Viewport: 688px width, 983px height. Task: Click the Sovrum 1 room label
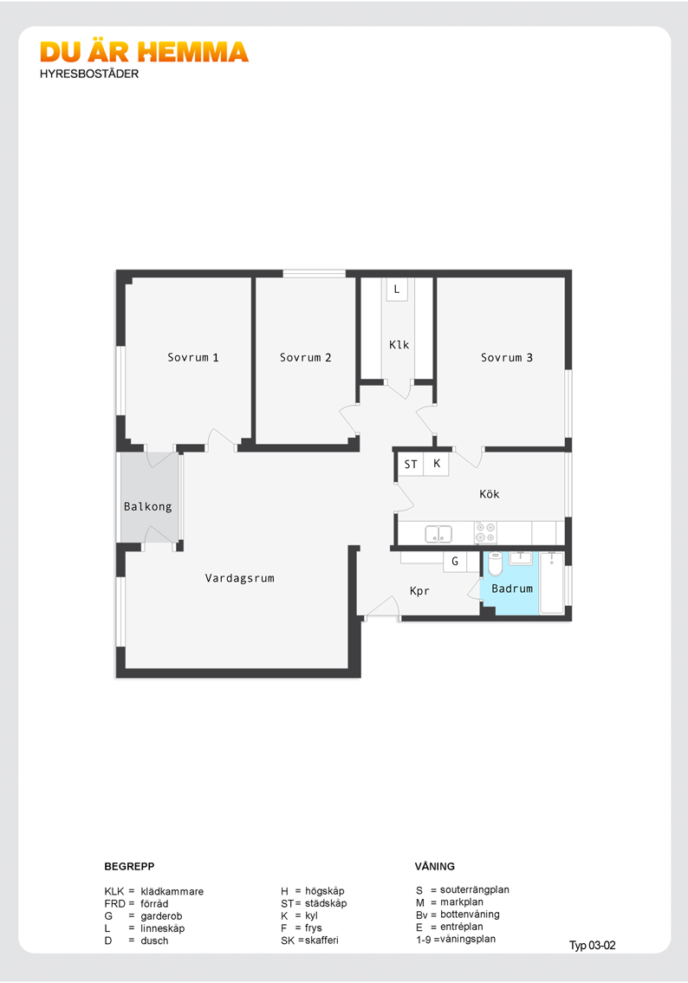[x=193, y=357]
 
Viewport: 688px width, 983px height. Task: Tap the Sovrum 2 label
[x=305, y=357]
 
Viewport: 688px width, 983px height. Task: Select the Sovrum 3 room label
[x=506, y=357]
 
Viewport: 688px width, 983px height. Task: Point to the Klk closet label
[x=399, y=345]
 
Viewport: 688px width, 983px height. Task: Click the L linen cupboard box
[x=397, y=290]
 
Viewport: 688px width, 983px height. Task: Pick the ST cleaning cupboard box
[x=411, y=465]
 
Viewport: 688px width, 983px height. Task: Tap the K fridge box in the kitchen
[x=436, y=464]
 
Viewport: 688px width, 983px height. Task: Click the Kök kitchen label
[x=490, y=494]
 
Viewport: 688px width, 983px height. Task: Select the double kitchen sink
[x=438, y=534]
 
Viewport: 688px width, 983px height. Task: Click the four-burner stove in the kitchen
[x=485, y=533]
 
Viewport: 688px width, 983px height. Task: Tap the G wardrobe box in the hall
[x=455, y=562]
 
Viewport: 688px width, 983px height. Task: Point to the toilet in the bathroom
[x=495, y=563]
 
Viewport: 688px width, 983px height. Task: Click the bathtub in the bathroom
[x=551, y=583]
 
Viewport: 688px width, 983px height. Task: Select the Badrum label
[x=512, y=589]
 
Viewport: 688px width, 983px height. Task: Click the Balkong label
[x=147, y=506]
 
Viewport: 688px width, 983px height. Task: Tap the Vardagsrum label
[x=239, y=578]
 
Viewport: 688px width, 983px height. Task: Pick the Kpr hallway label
[x=419, y=591]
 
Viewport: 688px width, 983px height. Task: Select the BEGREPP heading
[x=129, y=866]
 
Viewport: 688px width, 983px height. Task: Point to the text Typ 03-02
[x=592, y=946]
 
